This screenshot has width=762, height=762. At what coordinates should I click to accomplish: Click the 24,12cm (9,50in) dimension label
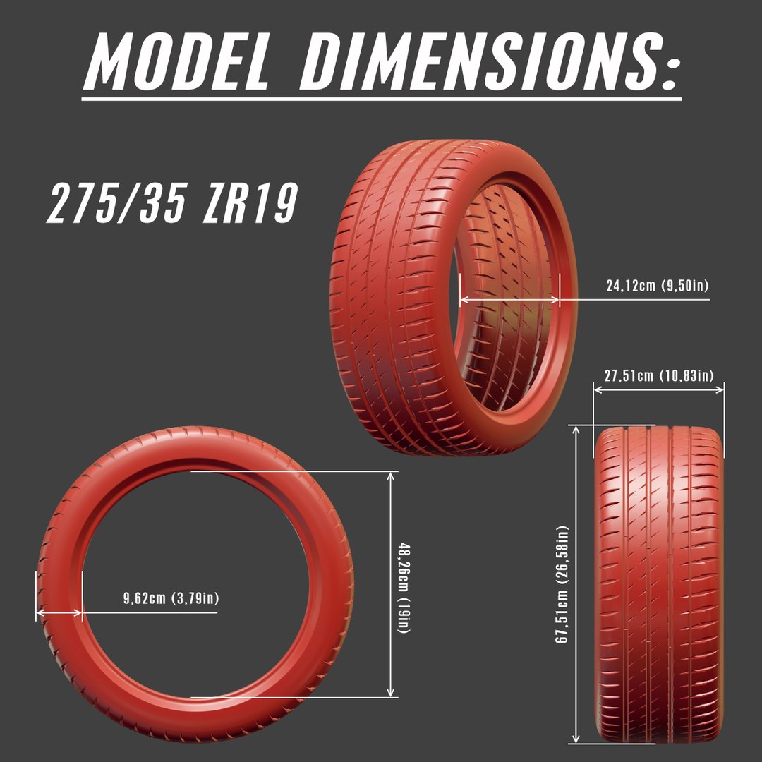657,286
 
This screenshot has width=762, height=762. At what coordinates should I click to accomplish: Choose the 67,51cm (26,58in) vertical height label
562,584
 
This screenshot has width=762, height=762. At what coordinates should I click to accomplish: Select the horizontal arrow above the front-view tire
659,390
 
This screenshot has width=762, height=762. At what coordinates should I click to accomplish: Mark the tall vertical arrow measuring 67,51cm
577,584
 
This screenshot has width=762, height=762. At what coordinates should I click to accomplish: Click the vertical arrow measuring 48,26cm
390,584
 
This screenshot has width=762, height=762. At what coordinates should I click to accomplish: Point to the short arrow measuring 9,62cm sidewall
59,613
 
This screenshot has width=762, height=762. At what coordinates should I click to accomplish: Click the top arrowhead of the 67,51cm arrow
577,429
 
